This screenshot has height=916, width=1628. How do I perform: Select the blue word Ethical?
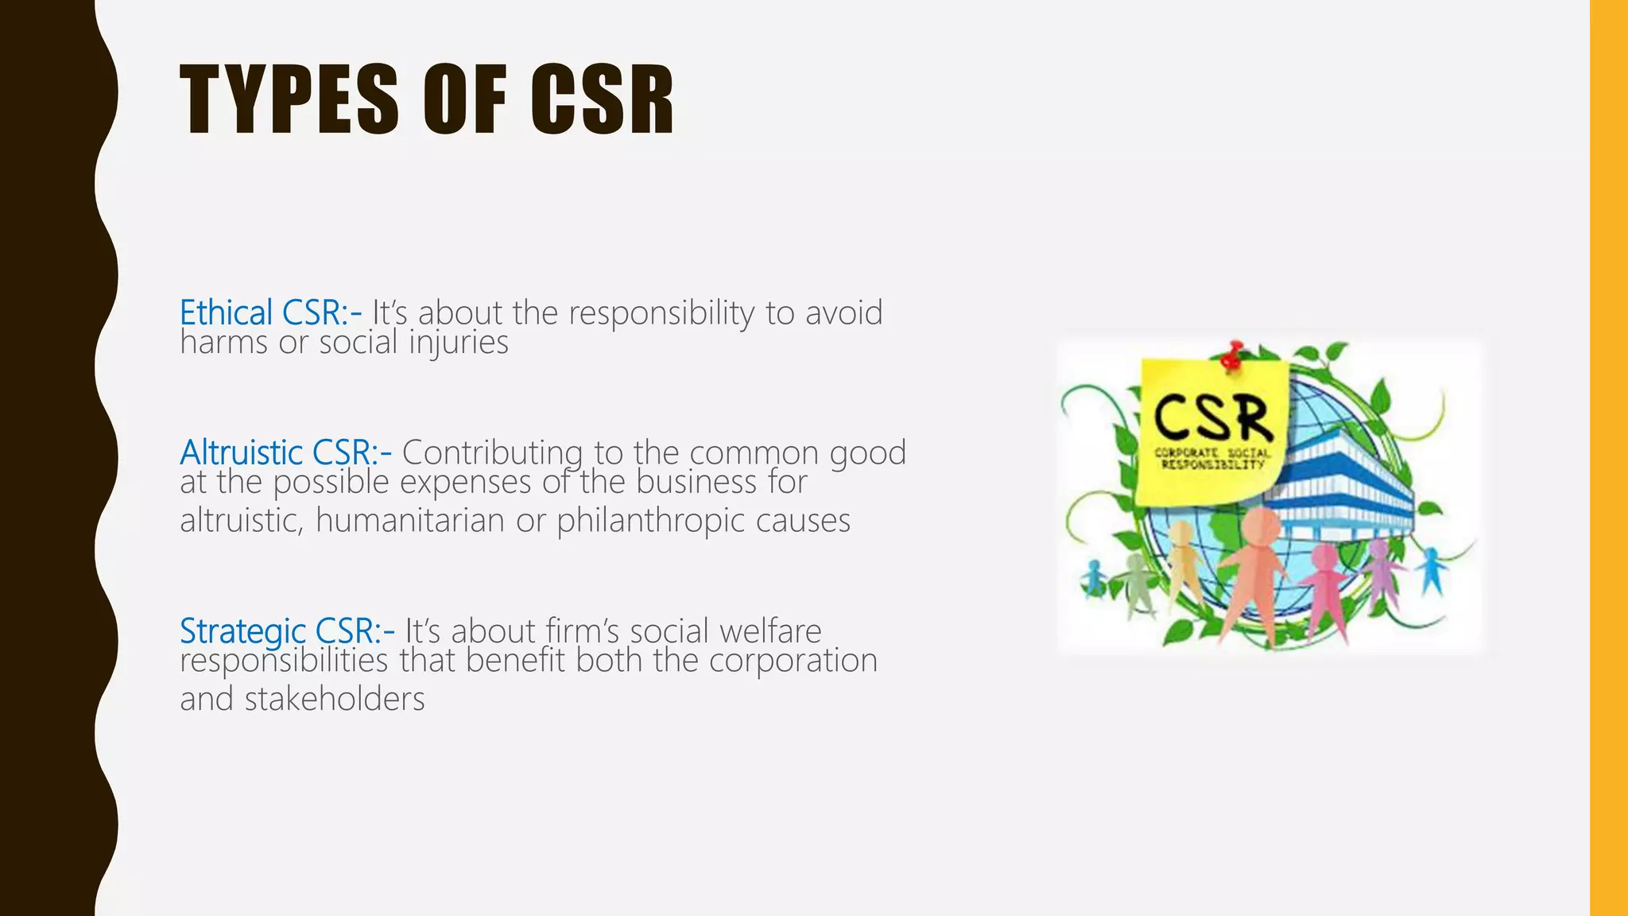(227, 312)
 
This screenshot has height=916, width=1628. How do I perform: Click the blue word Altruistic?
(241, 452)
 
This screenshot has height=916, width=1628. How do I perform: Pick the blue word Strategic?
(242, 631)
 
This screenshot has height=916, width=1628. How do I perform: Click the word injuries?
(459, 343)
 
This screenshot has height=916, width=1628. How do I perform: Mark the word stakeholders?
(335, 699)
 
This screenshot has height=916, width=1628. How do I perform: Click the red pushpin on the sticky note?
(1232, 355)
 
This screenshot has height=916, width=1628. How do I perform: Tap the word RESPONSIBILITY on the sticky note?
(1213, 464)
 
